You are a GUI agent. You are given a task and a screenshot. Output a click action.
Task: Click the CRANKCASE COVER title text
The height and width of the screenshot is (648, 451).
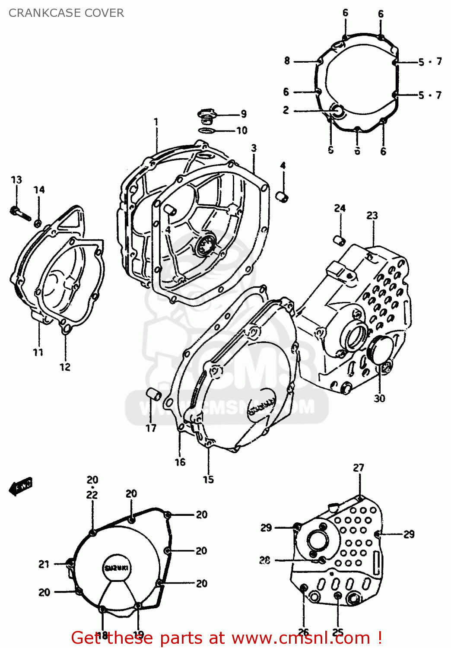(x=66, y=13)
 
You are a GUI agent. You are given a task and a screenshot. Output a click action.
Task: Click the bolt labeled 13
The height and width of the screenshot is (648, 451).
(x=20, y=213)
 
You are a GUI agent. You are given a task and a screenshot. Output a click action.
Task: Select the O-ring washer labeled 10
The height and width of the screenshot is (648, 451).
(x=207, y=130)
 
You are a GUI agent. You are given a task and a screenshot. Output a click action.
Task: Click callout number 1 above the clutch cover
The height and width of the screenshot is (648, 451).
(x=156, y=122)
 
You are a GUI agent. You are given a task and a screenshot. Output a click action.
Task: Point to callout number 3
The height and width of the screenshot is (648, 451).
(x=254, y=148)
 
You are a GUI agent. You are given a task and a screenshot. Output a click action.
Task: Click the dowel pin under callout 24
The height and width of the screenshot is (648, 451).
(x=340, y=240)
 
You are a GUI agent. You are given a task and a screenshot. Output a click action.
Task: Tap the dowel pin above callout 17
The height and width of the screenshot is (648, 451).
(x=153, y=394)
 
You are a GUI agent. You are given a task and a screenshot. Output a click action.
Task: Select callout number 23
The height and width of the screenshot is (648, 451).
(x=372, y=215)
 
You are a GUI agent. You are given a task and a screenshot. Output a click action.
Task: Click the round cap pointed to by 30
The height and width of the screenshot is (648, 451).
(x=379, y=349)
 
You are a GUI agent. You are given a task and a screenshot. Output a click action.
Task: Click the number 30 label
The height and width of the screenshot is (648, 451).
(x=379, y=398)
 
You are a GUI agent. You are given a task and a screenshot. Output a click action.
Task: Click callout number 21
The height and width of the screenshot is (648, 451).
(x=44, y=564)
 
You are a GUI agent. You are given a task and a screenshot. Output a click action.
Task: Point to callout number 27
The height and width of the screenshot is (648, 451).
(x=359, y=467)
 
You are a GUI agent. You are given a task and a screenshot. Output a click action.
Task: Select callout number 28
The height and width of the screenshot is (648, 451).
(x=265, y=560)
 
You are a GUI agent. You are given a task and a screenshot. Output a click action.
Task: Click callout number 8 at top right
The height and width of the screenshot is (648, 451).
(x=287, y=61)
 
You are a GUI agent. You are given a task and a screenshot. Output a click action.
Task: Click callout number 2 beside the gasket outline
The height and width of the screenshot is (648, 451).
(x=286, y=110)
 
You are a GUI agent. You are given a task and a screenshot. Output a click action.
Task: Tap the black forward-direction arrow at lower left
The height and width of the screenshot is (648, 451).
(x=20, y=487)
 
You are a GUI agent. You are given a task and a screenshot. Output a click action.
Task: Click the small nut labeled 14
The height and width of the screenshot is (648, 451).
(x=38, y=223)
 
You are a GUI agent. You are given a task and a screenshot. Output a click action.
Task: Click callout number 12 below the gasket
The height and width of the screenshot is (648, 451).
(x=65, y=367)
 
